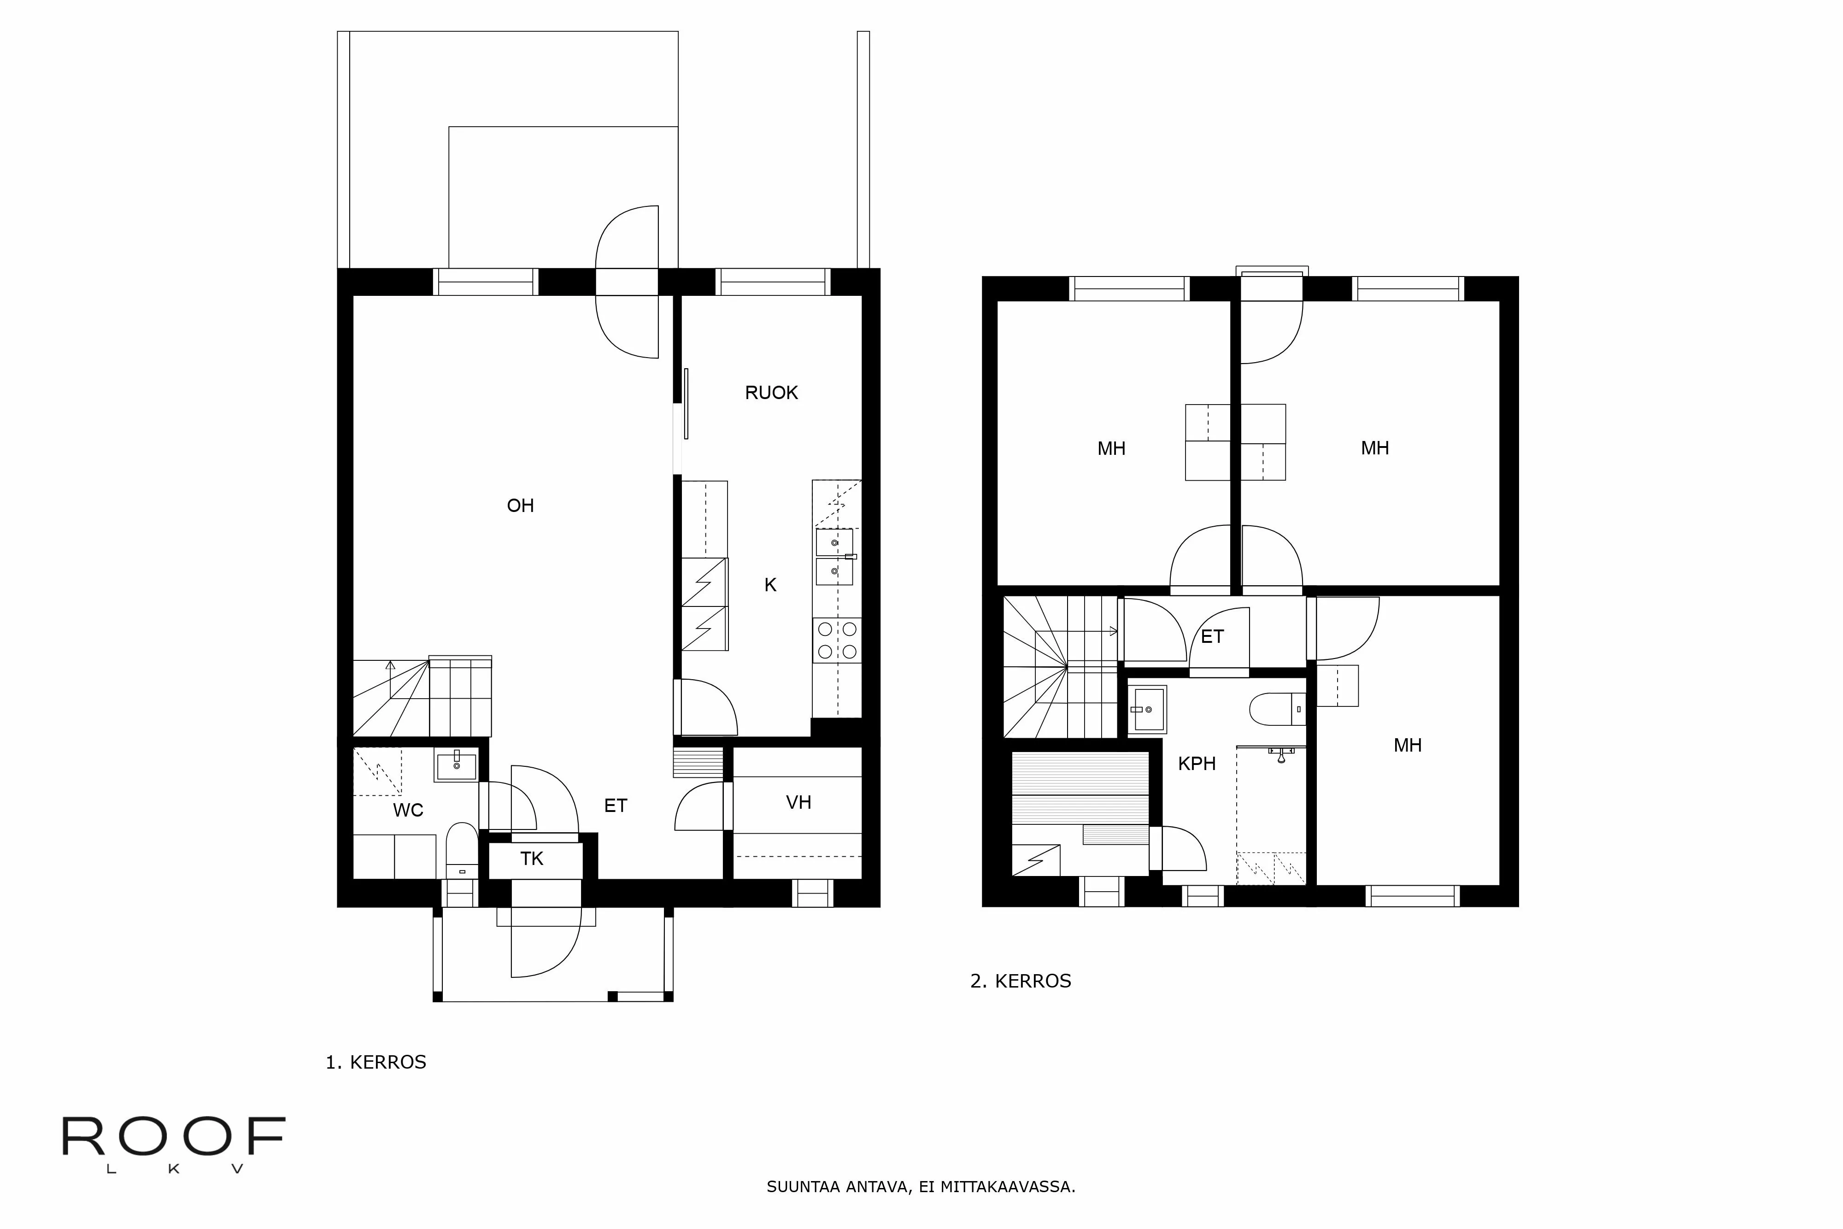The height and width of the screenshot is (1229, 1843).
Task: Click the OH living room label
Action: (x=520, y=506)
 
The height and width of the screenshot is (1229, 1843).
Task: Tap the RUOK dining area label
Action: (x=771, y=393)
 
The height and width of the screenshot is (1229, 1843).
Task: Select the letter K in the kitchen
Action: (x=770, y=585)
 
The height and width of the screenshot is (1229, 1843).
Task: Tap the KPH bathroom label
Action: (x=1197, y=764)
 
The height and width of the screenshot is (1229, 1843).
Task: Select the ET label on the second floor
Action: (x=1212, y=636)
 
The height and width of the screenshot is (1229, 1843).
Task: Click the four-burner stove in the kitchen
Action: (x=837, y=640)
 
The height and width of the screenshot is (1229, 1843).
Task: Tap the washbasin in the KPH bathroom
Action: (x=1148, y=709)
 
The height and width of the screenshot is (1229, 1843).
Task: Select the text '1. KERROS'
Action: (x=376, y=1062)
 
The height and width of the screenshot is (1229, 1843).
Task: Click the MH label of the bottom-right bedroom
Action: (x=1407, y=746)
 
